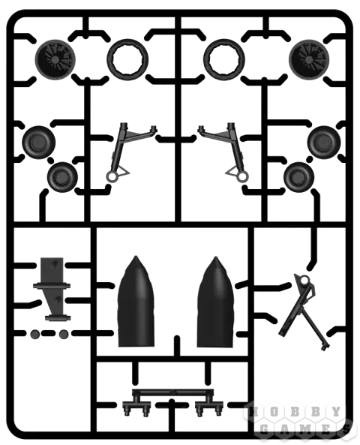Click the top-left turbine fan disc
coord(55,59)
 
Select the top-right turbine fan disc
coord(309,59)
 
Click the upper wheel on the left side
coord(38,143)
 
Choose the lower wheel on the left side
coord(62,177)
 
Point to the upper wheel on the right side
coord(324,143)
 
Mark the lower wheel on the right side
coord(298,177)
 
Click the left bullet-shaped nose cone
coord(136,304)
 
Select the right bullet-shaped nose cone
coord(215,304)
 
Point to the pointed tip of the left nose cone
coord(136,257)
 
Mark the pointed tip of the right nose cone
coord(216,257)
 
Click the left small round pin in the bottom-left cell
coord(35,334)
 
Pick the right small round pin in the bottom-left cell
coord(63,334)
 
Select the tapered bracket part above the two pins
coord(52,289)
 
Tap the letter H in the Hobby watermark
coord(254,411)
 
